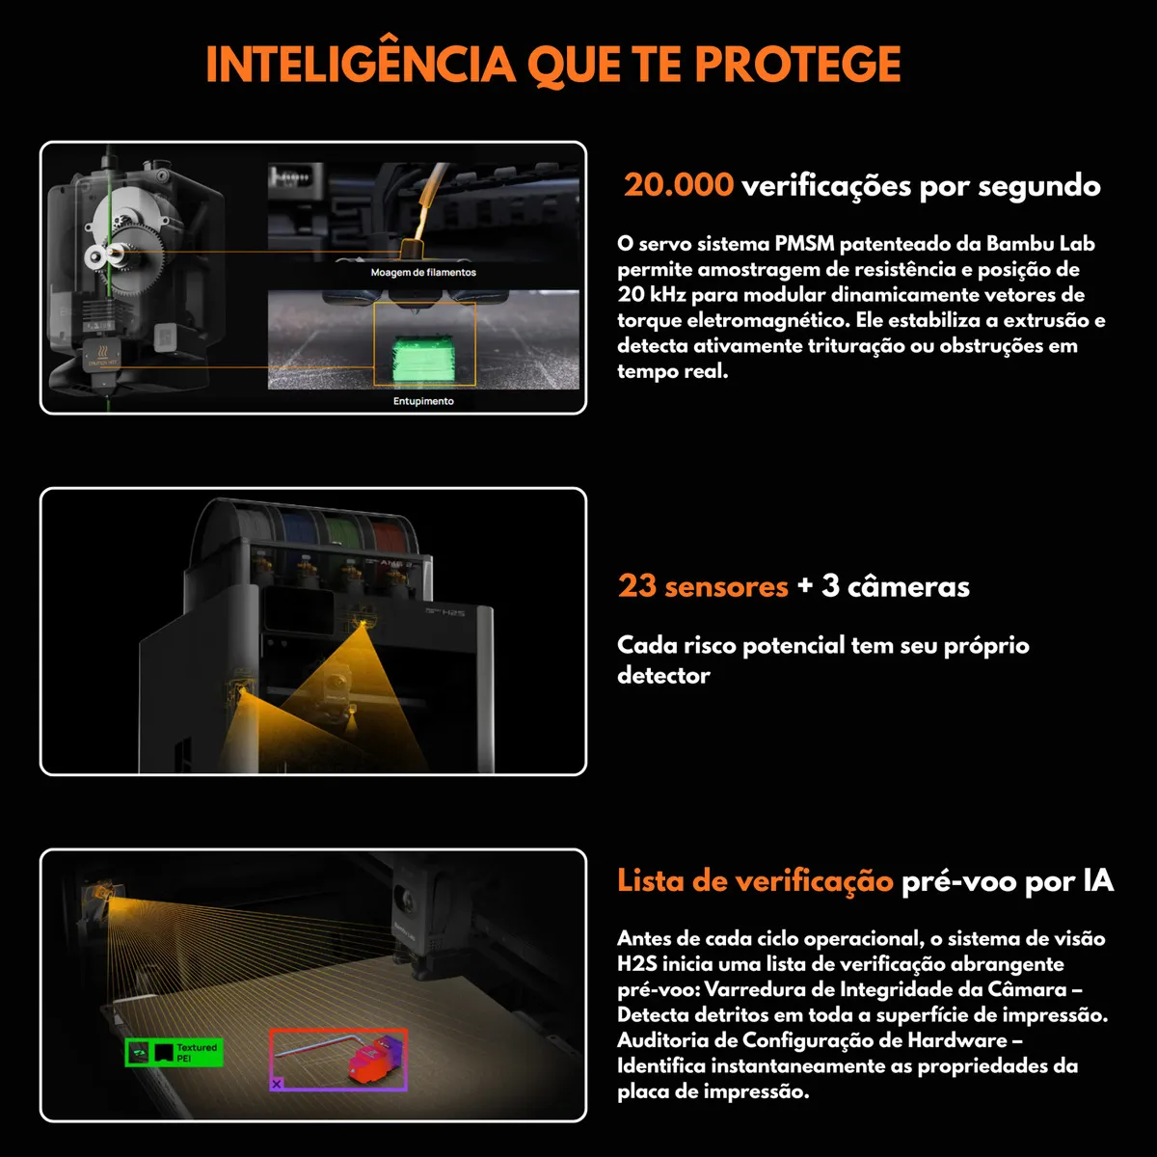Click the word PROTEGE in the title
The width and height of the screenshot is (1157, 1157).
tap(797, 65)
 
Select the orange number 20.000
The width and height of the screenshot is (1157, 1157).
tap(678, 184)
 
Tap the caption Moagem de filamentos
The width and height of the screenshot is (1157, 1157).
tap(423, 273)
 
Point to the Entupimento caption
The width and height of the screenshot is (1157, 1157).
tap(423, 401)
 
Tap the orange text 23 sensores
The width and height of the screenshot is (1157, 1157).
tap(703, 586)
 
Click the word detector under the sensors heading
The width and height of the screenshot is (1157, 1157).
tap(663, 676)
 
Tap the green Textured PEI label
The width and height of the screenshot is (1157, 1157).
tap(175, 1053)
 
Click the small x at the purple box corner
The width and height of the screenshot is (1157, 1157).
tap(277, 1085)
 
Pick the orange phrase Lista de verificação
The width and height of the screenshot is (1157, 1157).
tap(755, 880)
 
